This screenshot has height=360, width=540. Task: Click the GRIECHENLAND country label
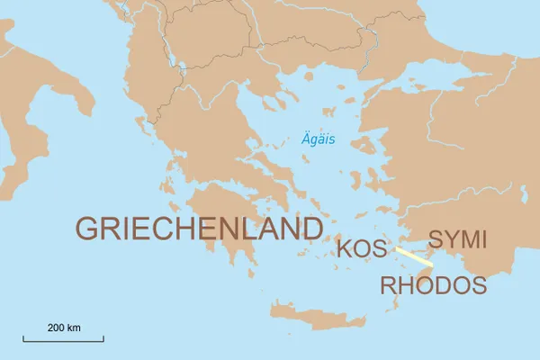(199, 229)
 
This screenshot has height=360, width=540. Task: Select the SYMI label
(457, 240)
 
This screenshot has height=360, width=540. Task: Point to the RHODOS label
(433, 286)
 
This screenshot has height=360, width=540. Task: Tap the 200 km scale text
(64, 327)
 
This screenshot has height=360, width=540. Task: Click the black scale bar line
(63, 339)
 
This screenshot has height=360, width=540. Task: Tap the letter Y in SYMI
(446, 240)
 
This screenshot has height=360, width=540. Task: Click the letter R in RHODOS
(388, 286)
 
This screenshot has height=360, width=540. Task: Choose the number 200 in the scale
(57, 327)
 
